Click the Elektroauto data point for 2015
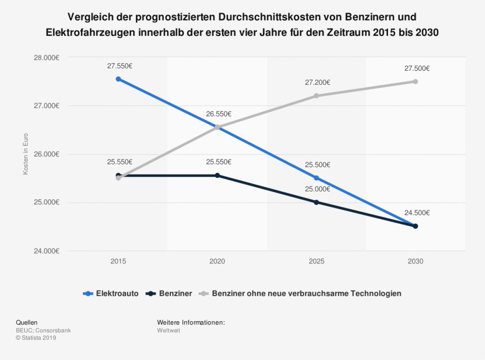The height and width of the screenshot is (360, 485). coord(118,79)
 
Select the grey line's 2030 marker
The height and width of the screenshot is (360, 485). coord(415,82)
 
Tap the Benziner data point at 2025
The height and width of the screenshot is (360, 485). coord(316,202)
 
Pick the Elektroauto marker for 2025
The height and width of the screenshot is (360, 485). coord(316,178)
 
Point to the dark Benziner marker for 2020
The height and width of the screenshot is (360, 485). coord(217,175)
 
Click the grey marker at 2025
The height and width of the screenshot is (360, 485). coord(316,96)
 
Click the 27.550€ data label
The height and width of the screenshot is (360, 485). coord(120,66)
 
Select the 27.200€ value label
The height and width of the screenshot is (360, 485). coord(318,82)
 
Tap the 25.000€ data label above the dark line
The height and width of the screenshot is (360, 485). coord(318,189)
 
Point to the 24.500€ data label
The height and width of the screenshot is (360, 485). coord(417,213)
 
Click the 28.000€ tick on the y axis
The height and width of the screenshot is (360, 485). coord(47,57)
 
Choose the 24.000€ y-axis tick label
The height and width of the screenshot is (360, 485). coord(47,251)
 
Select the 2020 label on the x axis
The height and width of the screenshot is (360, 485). coord(217,261)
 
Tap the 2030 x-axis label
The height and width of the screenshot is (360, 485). coord(415,261)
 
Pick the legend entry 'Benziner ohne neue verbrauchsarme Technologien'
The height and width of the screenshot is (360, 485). coord(301,293)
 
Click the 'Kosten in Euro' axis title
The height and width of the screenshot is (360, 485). coord(25,154)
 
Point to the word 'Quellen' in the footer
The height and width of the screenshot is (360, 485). coord(27,322)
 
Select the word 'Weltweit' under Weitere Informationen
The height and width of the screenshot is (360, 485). coord(169,330)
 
